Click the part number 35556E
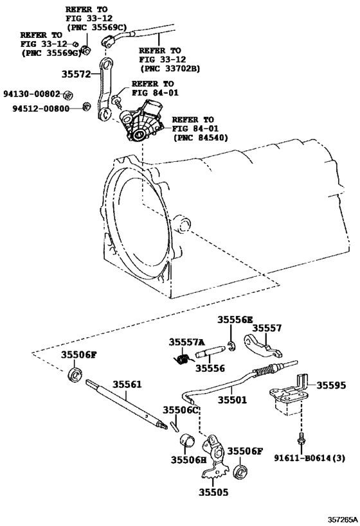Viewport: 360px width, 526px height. click(x=235, y=320)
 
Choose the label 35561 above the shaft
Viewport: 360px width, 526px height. click(x=127, y=385)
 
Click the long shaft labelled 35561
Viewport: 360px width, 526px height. click(x=129, y=406)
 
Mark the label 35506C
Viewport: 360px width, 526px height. click(x=180, y=410)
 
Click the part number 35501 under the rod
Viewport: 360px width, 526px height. click(x=231, y=399)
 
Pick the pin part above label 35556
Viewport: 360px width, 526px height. click(x=210, y=353)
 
